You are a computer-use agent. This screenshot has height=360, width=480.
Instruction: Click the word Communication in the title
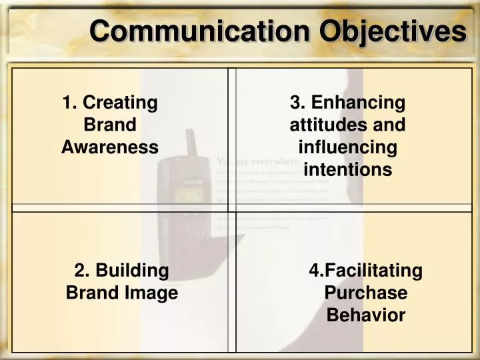tap(200, 31)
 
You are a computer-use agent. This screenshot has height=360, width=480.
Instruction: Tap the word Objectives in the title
tap(393, 31)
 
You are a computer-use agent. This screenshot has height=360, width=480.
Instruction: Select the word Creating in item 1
tap(120, 103)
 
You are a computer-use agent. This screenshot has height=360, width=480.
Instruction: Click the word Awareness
tap(110, 147)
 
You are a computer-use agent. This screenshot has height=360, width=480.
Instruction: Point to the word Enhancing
tap(358, 103)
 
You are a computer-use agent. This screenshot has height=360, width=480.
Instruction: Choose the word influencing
tap(347, 147)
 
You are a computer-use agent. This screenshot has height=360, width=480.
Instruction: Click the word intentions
tap(347, 170)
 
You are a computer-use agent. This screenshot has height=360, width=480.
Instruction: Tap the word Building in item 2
tap(133, 271)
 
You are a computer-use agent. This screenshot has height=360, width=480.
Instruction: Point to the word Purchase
tap(366, 293)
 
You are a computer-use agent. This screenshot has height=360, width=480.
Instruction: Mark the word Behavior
tap(366, 315)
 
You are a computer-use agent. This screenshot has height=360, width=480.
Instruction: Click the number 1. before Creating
tap(69, 103)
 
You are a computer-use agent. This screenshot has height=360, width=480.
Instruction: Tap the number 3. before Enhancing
tap(297, 103)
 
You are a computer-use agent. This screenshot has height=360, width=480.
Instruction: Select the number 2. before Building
tap(82, 271)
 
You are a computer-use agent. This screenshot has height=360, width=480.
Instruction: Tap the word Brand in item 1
tap(110, 125)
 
